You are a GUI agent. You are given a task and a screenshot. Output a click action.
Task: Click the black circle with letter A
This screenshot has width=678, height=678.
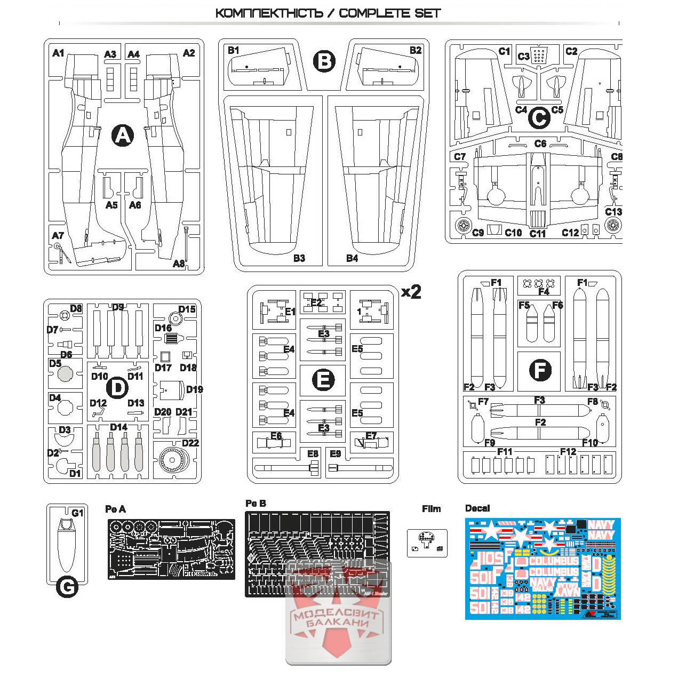click(x=123, y=135)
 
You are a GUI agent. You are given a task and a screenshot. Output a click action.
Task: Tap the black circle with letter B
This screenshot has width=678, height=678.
click(x=324, y=61)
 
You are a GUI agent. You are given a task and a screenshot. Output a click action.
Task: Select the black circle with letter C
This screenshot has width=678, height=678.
click(x=539, y=118)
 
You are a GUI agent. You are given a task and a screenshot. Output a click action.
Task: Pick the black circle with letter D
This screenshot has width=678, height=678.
click(x=118, y=388)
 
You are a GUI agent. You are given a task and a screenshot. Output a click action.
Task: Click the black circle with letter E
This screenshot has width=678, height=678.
click(x=323, y=380)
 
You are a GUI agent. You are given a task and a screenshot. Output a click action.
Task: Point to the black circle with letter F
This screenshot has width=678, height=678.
click(x=540, y=370)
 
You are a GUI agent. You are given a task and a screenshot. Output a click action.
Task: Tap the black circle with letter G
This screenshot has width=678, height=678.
click(x=67, y=587)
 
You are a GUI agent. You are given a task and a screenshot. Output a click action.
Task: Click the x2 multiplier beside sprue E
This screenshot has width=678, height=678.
click(x=411, y=292)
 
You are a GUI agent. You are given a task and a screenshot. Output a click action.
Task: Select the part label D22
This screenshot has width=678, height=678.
click(x=190, y=443)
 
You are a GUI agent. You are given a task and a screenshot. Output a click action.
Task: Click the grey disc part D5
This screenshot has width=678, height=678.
click(x=65, y=374)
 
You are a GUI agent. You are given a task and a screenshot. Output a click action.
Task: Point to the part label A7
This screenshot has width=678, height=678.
click(x=58, y=235)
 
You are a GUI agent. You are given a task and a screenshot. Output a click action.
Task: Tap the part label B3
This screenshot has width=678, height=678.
click(x=299, y=258)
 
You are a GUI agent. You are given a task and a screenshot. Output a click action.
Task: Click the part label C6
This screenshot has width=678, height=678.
click(x=540, y=143)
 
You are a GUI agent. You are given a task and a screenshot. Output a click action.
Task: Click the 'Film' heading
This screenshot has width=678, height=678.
click(x=431, y=508)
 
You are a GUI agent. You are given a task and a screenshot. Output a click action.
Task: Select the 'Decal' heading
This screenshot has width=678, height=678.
click(x=477, y=508)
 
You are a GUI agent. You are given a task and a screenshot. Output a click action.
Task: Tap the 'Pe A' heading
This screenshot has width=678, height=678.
click(x=115, y=509)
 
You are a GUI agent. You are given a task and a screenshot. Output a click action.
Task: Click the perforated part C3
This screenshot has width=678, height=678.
click(x=539, y=55)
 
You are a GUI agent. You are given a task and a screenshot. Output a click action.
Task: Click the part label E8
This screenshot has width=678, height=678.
click(x=313, y=453)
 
